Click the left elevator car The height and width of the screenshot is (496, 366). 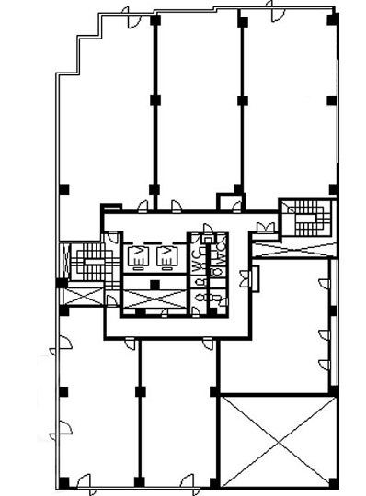coord(137,256)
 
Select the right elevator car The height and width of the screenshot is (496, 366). coord(166,256)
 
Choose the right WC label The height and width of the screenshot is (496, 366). coord(221,259)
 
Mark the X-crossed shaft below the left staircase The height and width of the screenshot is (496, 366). coord(81,297)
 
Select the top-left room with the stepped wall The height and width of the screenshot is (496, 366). coord(106,119)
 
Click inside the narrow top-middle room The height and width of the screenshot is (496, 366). coord(196,101)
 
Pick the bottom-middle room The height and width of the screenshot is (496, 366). coord(179,413)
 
